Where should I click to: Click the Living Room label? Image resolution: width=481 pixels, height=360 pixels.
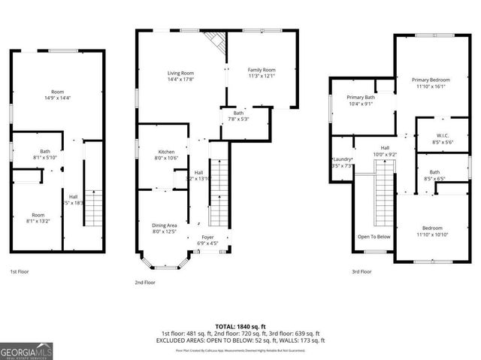point(180,73)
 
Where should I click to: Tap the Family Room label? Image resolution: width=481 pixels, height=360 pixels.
point(262,69)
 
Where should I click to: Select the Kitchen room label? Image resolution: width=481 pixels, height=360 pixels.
point(166,151)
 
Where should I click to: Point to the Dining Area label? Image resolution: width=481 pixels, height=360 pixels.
point(165,225)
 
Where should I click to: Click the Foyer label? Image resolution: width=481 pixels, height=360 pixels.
point(207,237)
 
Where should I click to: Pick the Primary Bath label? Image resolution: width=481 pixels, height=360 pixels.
point(360,98)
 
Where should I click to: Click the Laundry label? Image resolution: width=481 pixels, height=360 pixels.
point(342,159)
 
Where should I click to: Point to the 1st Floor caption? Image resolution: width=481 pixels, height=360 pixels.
point(19,271)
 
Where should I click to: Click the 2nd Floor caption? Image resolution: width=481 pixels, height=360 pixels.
point(145,283)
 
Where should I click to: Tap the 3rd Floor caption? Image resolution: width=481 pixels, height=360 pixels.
point(361,271)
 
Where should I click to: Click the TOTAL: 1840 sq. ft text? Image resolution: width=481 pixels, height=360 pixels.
point(240,325)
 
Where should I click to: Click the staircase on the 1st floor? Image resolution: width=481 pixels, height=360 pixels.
point(92,206)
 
